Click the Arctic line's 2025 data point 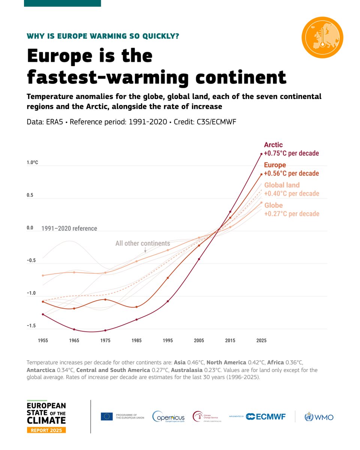click(261, 154)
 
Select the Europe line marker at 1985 click(136, 307)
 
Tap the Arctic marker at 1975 click(105, 330)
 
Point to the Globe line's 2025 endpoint click(261, 202)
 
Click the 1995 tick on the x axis click(168, 340)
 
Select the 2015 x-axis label click(230, 340)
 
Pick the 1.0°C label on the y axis click(32, 163)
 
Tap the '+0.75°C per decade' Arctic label click(291, 153)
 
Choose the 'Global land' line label click(282, 185)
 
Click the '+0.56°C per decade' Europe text click(291, 174)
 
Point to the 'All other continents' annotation click(142, 243)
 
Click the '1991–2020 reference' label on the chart click(69, 228)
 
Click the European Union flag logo click(106, 416)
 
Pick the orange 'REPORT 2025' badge click(46, 430)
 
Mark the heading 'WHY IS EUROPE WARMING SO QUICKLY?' click(103, 36)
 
